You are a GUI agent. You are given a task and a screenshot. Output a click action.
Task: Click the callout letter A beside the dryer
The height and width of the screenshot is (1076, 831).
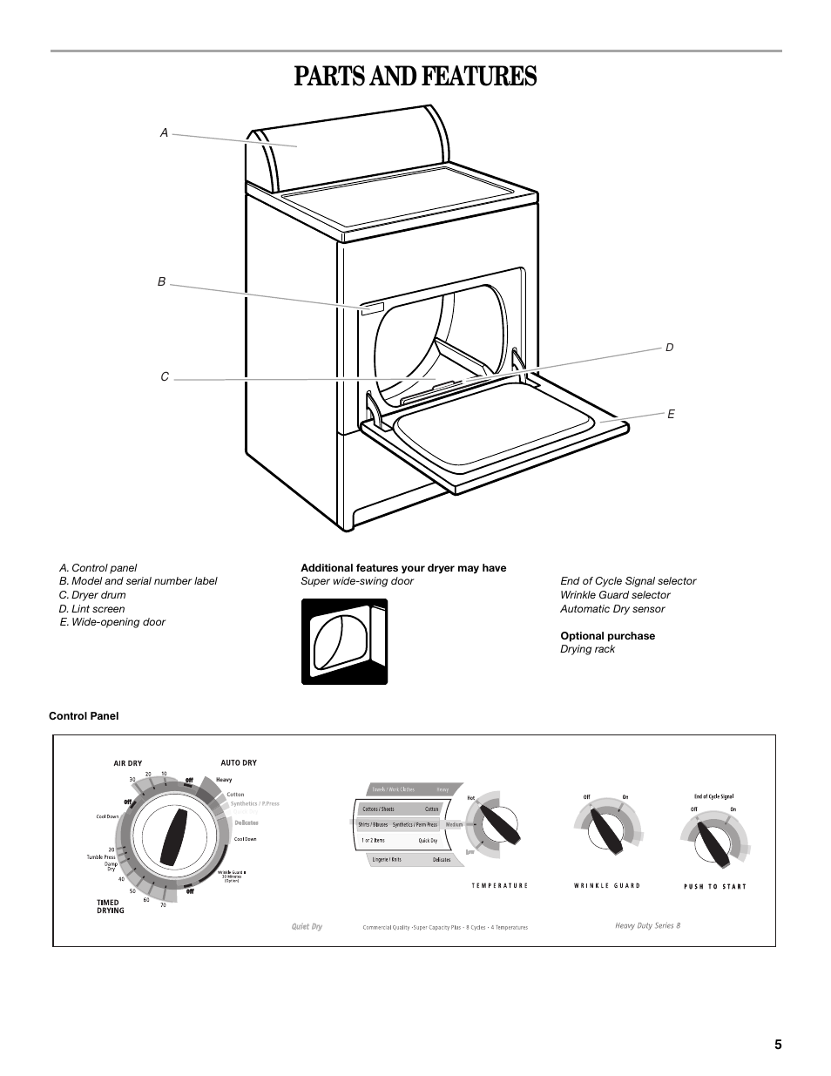pos(163,132)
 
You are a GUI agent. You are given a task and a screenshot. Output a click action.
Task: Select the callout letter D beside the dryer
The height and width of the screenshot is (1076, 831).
pos(670,348)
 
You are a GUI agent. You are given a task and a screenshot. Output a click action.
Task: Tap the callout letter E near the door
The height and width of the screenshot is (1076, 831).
pos(672,414)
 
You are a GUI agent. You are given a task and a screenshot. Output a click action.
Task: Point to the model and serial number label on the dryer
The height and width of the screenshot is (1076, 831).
pos(373,307)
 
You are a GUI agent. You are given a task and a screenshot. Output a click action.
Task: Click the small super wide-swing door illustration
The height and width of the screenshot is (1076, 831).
pos(344,641)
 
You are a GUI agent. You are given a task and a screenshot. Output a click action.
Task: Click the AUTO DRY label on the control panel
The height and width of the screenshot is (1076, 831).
pos(239,762)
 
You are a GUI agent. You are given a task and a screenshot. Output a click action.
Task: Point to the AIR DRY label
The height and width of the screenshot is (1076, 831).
pos(127,763)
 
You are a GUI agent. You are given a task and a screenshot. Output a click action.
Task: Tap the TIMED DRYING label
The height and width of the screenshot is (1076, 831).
pos(110,906)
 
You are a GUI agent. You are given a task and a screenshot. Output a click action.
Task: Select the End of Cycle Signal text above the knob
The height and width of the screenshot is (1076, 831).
pos(713,796)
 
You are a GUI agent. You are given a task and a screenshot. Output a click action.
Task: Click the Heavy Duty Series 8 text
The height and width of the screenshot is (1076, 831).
pos(647,925)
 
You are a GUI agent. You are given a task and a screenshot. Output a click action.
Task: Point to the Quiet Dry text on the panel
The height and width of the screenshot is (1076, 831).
pos(307,926)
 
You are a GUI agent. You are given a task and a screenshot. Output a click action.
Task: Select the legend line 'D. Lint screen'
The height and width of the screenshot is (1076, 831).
pos(91,609)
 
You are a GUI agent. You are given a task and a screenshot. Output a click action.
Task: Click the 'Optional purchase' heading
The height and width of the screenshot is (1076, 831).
pos(607,636)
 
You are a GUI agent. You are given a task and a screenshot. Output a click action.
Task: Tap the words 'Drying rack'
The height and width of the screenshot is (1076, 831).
pos(587,649)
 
